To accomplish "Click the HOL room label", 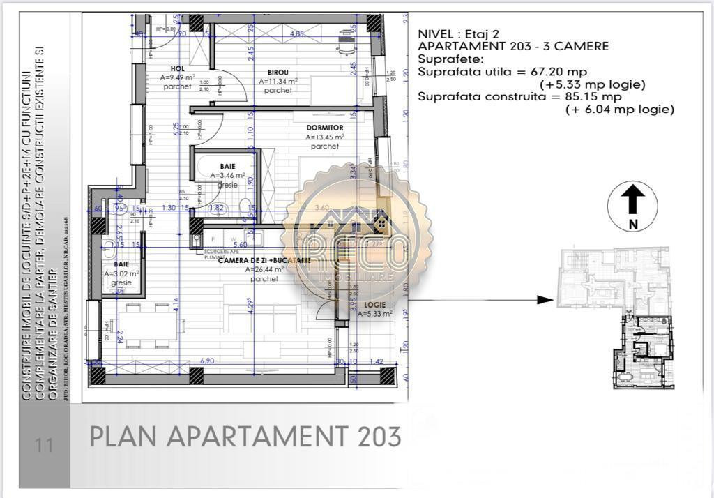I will pos(170,68).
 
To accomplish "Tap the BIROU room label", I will pos(278,72).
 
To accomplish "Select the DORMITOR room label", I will pos(325,128).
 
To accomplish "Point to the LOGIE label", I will pos(374,305).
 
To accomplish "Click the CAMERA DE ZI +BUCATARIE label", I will pos(264,260).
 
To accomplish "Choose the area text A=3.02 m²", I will pos(121,274).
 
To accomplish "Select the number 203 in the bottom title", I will pos(379,437).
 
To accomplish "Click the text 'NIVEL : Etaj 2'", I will pos(458,33).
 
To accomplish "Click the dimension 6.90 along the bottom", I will pos(206,361).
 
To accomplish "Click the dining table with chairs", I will pos(149,326).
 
